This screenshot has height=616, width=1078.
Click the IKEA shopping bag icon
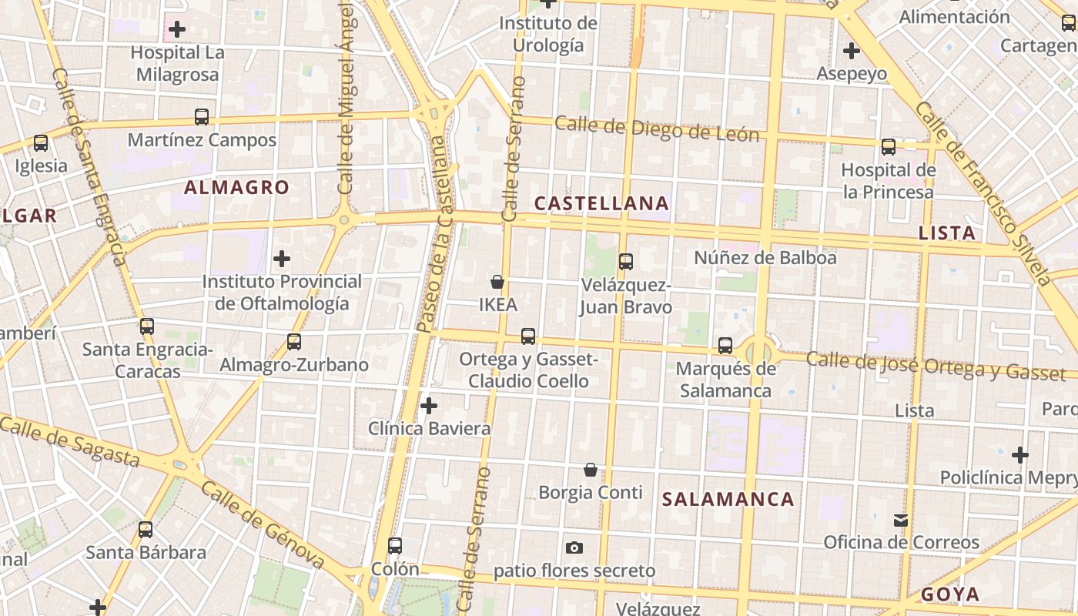point(497,283)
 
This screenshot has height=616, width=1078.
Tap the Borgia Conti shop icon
point(591,470)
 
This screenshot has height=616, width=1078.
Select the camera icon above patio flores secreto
point(574,548)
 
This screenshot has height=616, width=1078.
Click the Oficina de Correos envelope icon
point(901,521)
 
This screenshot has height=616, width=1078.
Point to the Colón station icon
point(395,546)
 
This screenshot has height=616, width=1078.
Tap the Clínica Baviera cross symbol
point(429,405)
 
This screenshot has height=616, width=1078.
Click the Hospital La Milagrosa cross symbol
point(177,29)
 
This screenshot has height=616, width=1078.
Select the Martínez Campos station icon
point(202,117)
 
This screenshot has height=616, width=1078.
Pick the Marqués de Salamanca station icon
point(725,346)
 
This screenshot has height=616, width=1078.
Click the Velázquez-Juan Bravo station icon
point(626,262)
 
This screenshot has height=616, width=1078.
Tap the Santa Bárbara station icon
point(146,530)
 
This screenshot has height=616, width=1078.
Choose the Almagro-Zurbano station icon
point(293,342)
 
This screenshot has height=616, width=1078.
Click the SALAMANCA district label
point(728,499)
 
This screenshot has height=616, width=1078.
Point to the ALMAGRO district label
point(236,187)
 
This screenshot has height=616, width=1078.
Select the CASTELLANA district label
point(601,203)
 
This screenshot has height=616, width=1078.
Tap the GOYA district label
point(950,594)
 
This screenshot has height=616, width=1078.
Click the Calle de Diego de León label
point(657,129)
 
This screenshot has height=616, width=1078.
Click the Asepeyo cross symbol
point(851,52)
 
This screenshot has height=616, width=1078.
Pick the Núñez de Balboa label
point(765,258)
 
